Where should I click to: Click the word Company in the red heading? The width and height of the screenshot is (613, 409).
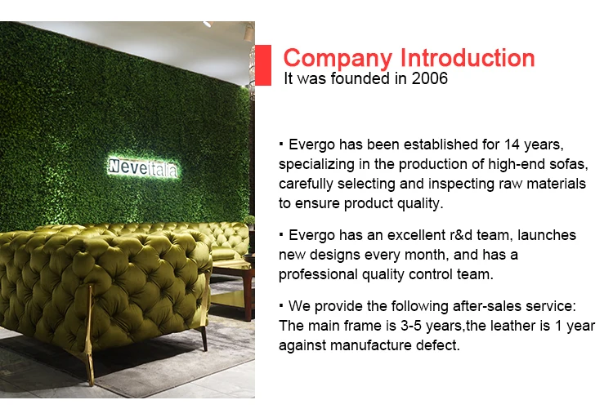tap(338, 59)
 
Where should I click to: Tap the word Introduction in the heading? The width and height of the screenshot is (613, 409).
tap(468, 58)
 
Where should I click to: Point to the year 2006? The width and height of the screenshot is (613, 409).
tap(429, 78)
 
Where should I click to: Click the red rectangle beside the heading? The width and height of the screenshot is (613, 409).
tap(262, 64)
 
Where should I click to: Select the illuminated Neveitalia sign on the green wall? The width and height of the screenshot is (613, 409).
tap(143, 167)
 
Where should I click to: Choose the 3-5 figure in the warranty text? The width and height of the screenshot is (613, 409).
tap(411, 326)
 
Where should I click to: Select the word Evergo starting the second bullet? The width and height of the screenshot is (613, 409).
tap(311, 236)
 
